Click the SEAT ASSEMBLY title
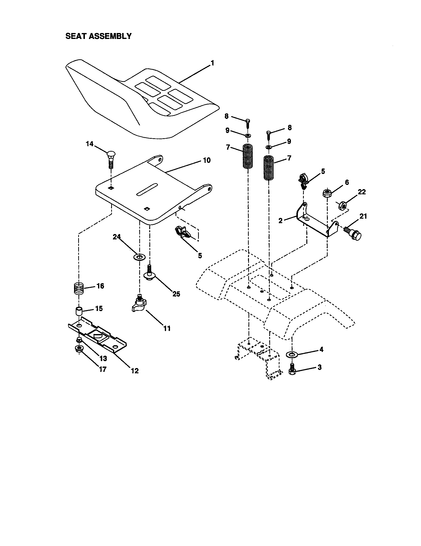click(98, 36)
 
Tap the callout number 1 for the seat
click(212, 63)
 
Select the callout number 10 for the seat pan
click(207, 160)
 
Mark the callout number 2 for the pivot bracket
click(281, 220)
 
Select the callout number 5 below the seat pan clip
click(200, 255)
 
